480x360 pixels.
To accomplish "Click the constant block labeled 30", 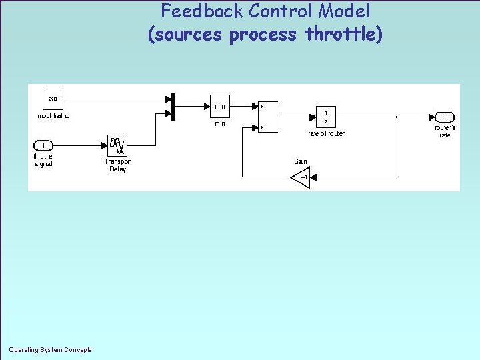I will pyautogui.click(x=53, y=99).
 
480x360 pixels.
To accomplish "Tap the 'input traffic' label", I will pyautogui.click(x=53, y=115).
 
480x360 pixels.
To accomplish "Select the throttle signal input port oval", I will pyautogui.click(x=43, y=145).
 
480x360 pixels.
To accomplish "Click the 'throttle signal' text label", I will pyautogui.click(x=43, y=160).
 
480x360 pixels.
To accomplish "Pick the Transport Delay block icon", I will pyautogui.click(x=117, y=146).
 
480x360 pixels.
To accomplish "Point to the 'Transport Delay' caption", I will pyautogui.click(x=118, y=165).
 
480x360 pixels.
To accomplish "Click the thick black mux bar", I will pyautogui.click(x=173, y=107).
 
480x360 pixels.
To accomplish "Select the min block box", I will pyautogui.click(x=220, y=106).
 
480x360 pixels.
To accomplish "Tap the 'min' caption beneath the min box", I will pyautogui.click(x=220, y=123).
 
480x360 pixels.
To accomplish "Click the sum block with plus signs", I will pyautogui.click(x=267, y=116).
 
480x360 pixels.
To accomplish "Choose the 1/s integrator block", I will pyautogui.click(x=326, y=117).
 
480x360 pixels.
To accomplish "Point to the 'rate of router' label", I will pyautogui.click(x=326, y=134).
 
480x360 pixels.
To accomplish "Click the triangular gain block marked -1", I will pyautogui.click(x=301, y=178).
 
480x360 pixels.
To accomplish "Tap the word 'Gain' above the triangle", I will pyautogui.click(x=301, y=161).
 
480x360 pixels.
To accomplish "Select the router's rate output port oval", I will pyautogui.click(x=445, y=117).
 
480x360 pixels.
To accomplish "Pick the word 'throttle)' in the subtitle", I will pyautogui.click(x=344, y=34).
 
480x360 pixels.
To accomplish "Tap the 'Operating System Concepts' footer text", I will pyautogui.click(x=51, y=350).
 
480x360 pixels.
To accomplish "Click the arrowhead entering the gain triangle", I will pyautogui.click(x=313, y=178).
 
